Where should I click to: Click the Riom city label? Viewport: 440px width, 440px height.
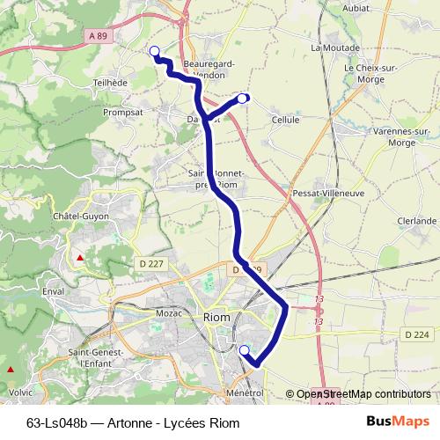pos(216,317)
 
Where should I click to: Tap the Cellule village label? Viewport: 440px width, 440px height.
pos(286,120)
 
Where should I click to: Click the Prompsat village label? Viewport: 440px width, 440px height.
pos(122,113)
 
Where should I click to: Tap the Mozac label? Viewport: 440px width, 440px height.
pos(168,313)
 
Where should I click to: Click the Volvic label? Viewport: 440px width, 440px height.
pos(20,392)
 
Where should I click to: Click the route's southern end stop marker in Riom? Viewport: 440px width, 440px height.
pos(244,350)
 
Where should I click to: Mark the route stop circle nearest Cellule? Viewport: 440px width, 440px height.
pos(244,98)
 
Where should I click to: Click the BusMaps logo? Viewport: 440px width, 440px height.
pos(405,422)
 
